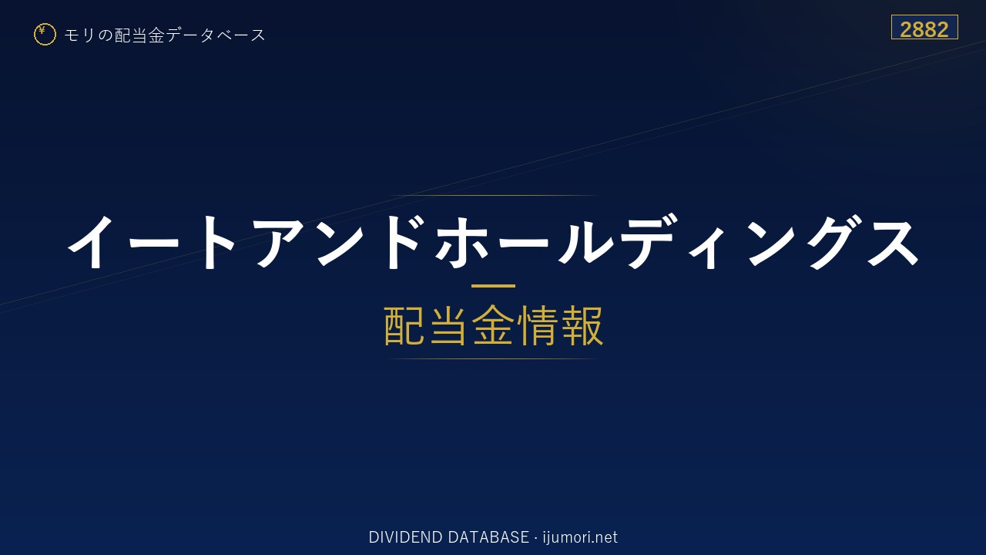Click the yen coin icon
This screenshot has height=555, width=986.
tap(45, 35)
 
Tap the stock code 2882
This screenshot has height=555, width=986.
tap(924, 29)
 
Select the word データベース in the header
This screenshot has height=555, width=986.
tap(216, 35)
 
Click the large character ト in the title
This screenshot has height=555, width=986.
tap(218, 241)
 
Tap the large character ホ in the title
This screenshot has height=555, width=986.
tap(461, 241)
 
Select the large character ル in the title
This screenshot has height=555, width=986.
tap(585, 241)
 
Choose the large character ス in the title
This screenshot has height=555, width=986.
tap(893, 242)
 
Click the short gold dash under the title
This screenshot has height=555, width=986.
tap(493, 286)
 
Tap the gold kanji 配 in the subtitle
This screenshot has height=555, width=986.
tap(404, 325)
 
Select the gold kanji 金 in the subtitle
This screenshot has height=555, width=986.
tap(493, 325)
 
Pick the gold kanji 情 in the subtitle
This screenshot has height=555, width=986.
tap(538, 325)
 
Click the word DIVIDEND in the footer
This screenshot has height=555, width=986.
tap(405, 537)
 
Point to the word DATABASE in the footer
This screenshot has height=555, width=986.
tap(488, 537)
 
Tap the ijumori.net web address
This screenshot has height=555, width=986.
tap(580, 538)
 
